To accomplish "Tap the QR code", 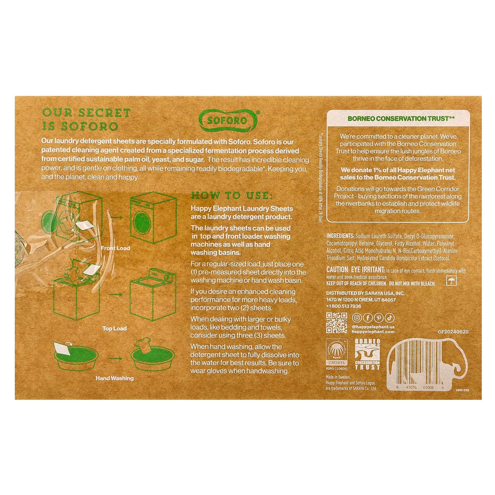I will click(336, 323).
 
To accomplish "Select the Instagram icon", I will click(357, 318).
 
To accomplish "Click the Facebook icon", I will click(368, 318).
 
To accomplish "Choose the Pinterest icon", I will click(379, 318).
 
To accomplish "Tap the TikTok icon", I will click(390, 318).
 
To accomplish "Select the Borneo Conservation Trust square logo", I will click(367, 354).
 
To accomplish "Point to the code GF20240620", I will click(453, 332).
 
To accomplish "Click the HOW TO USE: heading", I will click(232, 196).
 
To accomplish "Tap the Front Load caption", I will click(116, 248).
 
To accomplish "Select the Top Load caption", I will click(114, 329).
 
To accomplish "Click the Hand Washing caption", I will click(114, 379).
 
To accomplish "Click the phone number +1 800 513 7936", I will click(344, 306).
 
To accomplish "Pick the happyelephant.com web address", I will click(374, 332).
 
